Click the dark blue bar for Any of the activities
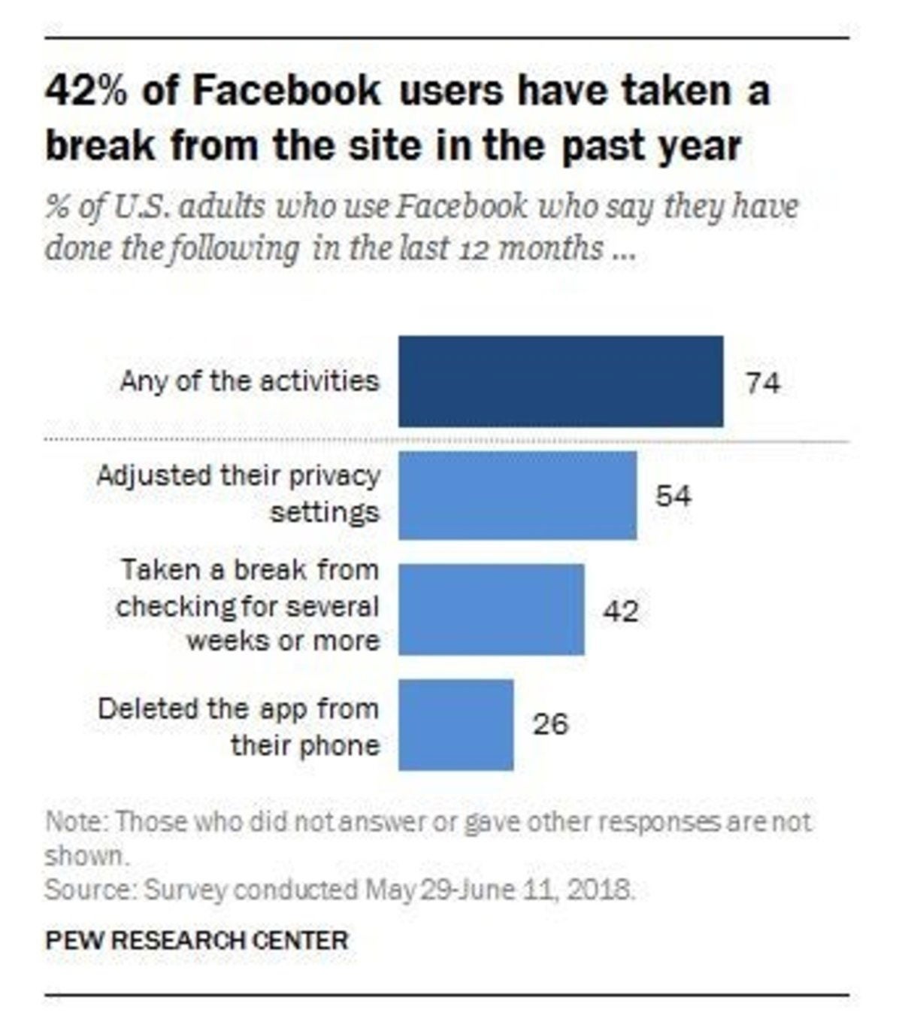[560, 381]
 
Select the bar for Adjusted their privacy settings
[517, 496]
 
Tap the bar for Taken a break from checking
[491, 610]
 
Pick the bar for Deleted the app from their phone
[456, 724]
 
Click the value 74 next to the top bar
[762, 384]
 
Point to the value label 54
[673, 496]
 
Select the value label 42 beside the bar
[620, 611]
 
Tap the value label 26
[550, 724]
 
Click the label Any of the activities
[249, 381]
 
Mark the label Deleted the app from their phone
[239, 726]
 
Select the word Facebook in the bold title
[286, 92]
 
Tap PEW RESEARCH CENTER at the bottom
[197, 940]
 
